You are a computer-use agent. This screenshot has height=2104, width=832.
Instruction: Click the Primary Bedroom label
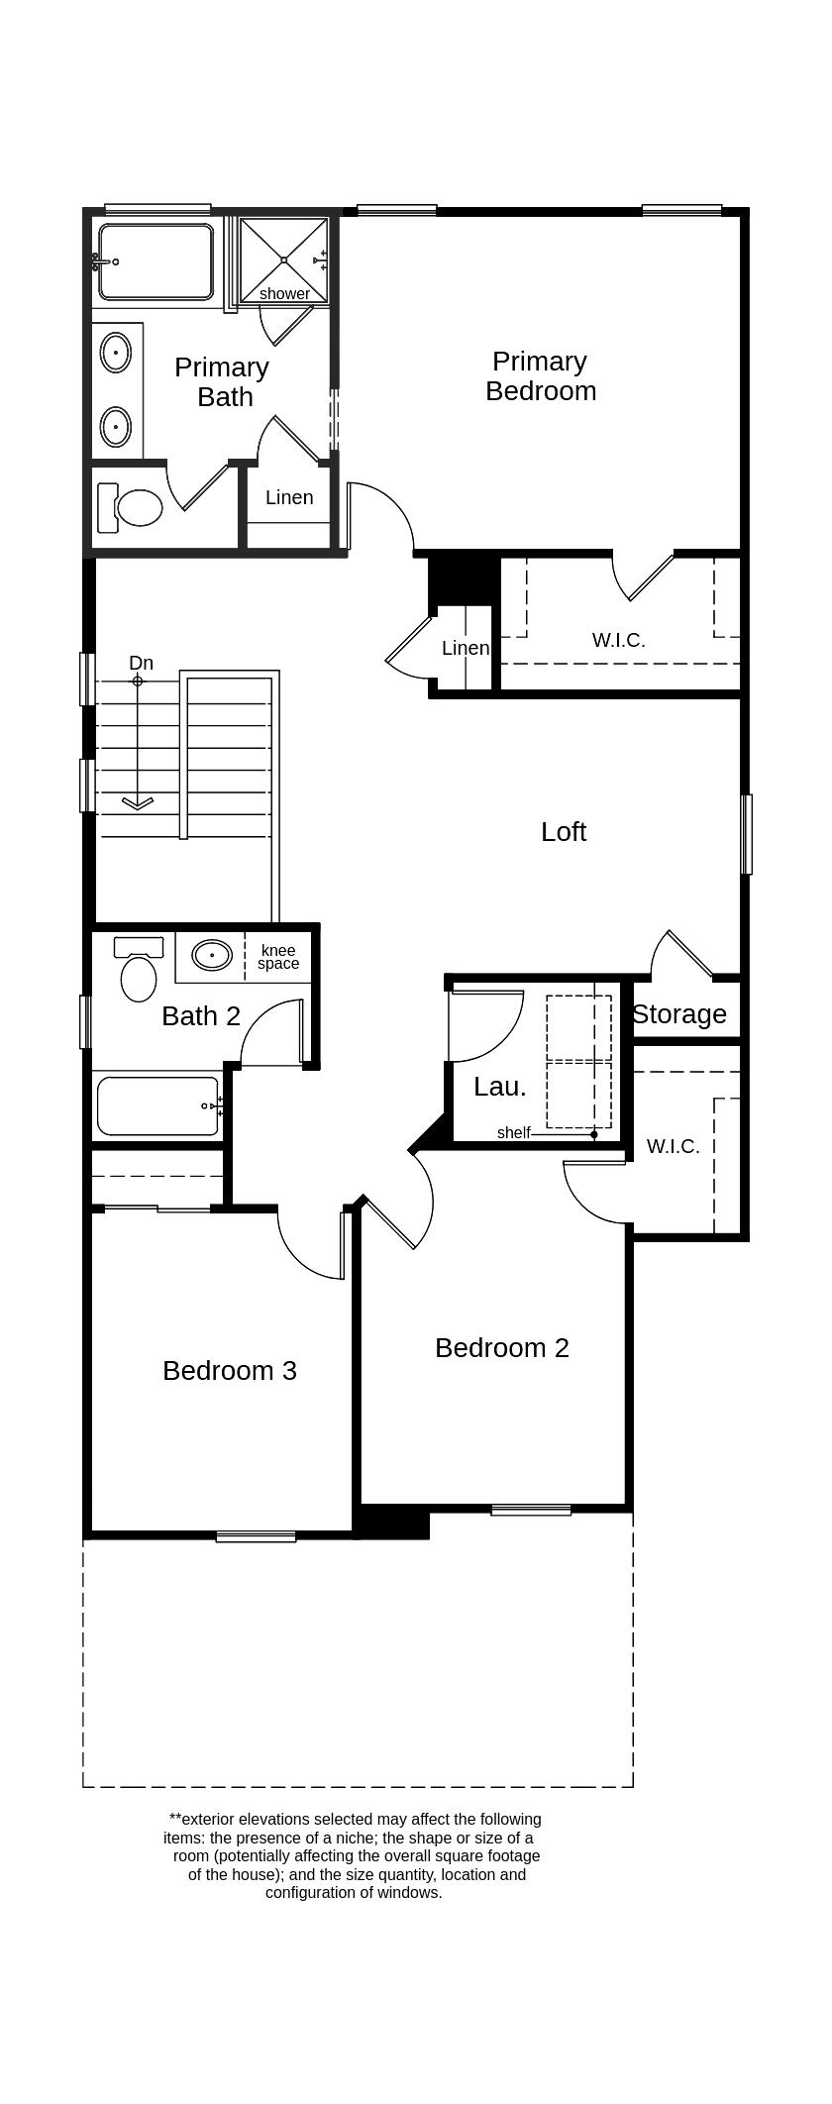(541, 375)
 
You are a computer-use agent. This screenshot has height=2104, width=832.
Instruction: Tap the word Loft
(563, 831)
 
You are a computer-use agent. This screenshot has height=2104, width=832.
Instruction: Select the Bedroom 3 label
(229, 1370)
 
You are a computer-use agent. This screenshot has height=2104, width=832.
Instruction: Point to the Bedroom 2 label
(501, 1347)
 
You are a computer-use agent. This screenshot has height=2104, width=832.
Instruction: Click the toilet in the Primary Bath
(134, 508)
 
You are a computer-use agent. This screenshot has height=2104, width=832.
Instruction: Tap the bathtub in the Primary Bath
(156, 263)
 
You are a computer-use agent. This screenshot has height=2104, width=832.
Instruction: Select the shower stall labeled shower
(284, 259)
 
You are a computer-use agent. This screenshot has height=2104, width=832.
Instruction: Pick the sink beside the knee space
(211, 956)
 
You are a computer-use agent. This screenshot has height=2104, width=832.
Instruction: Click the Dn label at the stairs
(141, 663)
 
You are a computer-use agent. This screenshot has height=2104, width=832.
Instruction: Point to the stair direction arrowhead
(138, 802)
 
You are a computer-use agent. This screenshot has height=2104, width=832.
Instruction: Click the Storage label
(679, 1014)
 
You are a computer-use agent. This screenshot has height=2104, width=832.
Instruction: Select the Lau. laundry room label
(499, 1087)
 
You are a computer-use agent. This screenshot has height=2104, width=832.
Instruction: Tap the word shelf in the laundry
(513, 1133)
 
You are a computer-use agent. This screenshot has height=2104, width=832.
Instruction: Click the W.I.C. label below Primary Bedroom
(618, 640)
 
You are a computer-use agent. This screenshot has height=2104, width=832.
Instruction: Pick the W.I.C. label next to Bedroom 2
(673, 1146)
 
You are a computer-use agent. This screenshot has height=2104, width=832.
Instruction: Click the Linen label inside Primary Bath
(289, 497)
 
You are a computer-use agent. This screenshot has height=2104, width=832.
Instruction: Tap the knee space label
(278, 957)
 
